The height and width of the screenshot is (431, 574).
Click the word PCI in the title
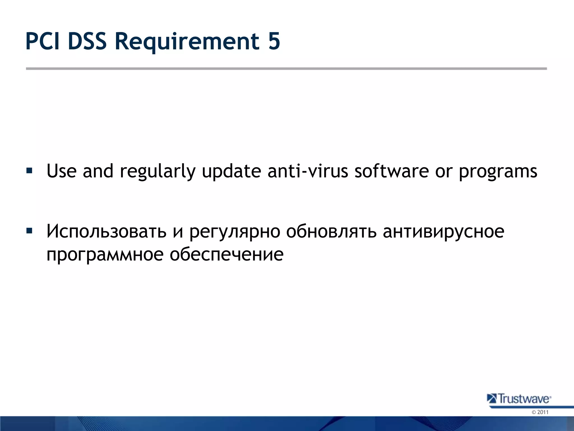[43, 41]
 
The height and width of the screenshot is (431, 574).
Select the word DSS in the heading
[87, 41]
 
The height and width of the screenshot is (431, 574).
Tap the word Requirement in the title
[187, 42]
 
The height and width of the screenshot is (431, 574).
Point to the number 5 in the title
[274, 41]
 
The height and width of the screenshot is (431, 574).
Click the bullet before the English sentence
[29, 170]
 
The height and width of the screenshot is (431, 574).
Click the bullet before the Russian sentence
[29, 231]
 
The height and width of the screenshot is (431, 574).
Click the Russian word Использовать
[107, 231]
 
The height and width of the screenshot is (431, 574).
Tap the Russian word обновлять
[331, 231]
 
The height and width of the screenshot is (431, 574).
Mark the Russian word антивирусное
[444, 232]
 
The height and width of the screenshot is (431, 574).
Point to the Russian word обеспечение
[226, 255]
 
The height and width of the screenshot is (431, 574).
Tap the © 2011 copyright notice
[540, 412]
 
